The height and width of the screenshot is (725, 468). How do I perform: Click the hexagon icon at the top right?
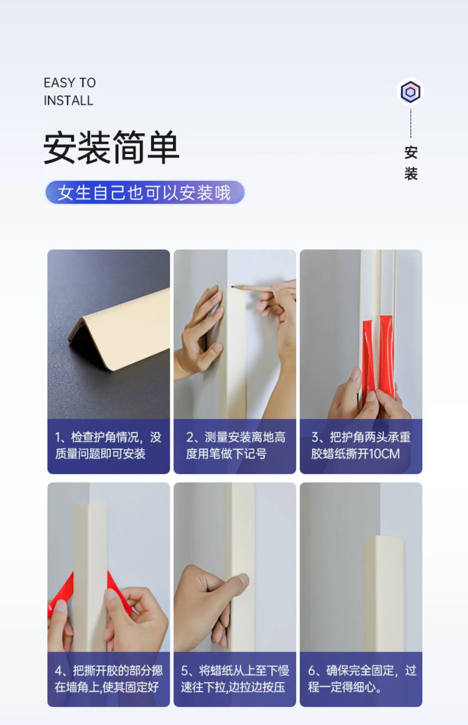coord(410,92)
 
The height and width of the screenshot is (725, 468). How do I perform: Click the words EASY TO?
coord(70,83)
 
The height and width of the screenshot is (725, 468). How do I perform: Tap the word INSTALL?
coord(68,101)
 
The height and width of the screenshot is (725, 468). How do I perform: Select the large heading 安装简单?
coord(111,147)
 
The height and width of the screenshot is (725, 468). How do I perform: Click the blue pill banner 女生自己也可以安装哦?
coord(145,192)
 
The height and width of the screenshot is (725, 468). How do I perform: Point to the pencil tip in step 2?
coord(233,286)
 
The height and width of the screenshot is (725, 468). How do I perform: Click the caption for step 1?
coord(108,445)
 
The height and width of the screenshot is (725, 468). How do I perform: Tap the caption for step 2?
coord(236,445)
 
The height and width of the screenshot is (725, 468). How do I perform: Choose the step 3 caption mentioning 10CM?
coord(361,445)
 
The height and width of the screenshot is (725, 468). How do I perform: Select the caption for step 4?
coord(109,679)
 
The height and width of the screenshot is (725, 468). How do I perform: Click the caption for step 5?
coord(235,679)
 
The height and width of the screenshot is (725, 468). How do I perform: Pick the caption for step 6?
coord(362,679)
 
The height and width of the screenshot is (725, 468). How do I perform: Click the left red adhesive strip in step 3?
coord(368,359)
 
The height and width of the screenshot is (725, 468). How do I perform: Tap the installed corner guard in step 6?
coord(383,593)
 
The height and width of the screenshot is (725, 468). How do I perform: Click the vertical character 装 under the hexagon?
coord(411,173)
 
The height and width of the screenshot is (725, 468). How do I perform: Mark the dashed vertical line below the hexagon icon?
coord(411,123)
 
